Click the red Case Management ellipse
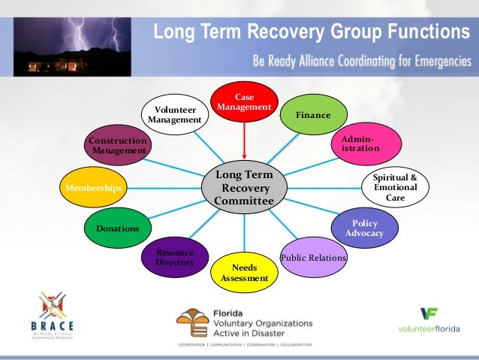click(244, 102)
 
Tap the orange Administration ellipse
click(362, 145)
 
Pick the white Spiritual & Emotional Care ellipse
click(395, 187)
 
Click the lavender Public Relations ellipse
click(313, 259)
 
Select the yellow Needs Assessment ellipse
click(245, 273)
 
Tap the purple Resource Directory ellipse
click(175, 258)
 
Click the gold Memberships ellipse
click(93, 187)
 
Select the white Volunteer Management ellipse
click(175, 114)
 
